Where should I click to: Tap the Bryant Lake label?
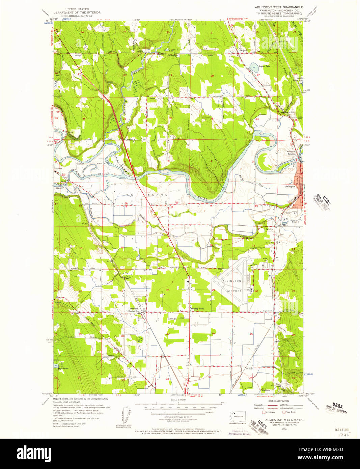265,66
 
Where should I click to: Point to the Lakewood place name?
133,308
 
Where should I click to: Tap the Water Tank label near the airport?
265,259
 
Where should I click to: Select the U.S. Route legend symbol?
264,412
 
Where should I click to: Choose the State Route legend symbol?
284,412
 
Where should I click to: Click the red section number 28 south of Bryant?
212,75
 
